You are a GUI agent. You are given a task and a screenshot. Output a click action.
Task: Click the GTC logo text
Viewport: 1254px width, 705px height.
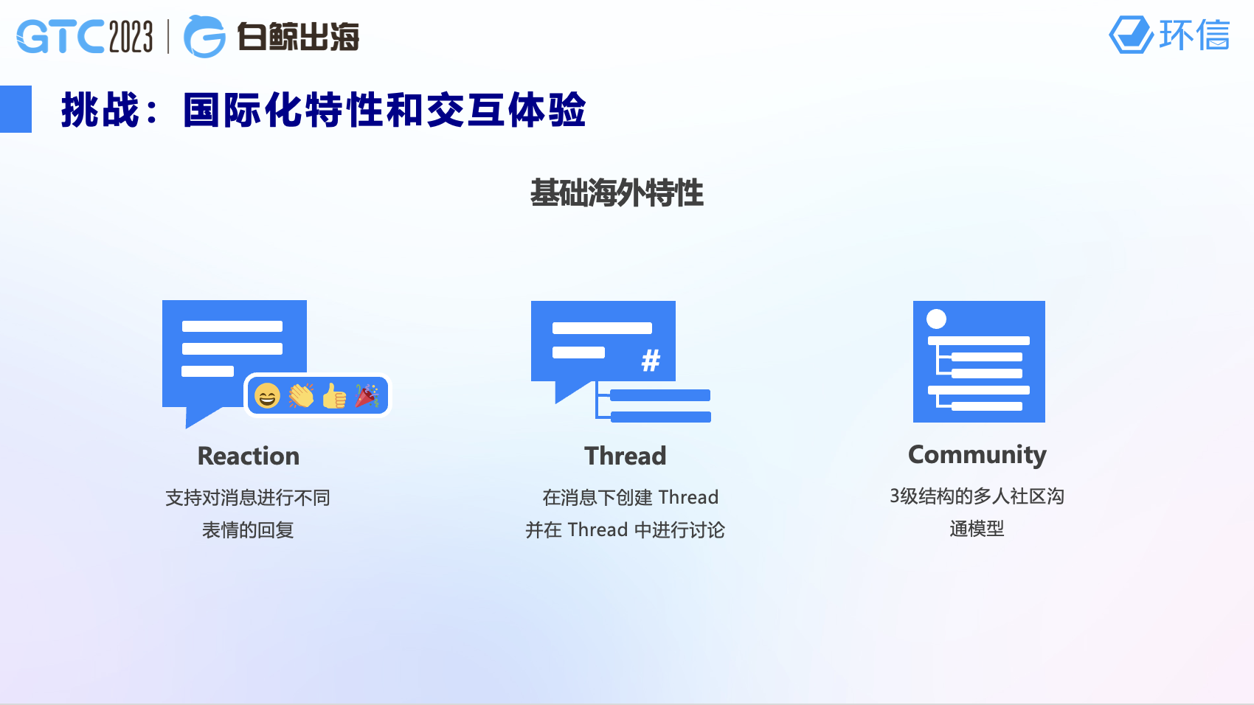[60, 36]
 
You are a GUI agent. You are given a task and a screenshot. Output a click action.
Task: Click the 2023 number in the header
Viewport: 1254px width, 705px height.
[131, 36]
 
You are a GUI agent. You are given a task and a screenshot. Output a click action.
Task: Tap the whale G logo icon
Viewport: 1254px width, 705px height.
[204, 36]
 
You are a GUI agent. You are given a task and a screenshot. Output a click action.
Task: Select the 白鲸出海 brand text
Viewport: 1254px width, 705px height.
[298, 37]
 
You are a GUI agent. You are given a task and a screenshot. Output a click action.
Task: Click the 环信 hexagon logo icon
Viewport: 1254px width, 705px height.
[1131, 35]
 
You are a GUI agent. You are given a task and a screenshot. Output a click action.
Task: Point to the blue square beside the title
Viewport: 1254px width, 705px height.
[15, 109]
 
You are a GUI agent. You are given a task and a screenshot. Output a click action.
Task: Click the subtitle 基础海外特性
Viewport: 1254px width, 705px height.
[617, 193]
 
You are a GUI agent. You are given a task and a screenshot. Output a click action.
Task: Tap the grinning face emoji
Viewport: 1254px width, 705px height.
[267, 396]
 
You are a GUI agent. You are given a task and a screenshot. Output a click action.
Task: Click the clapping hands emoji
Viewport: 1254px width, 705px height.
[301, 395]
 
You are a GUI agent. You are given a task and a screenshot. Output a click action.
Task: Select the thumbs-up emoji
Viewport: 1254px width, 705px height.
[334, 395]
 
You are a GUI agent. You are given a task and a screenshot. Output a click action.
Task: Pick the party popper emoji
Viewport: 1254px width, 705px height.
[367, 395]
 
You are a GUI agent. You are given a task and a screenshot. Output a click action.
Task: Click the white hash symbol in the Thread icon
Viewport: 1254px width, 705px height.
[651, 361]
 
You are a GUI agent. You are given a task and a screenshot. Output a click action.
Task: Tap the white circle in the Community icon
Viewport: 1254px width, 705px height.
[936, 319]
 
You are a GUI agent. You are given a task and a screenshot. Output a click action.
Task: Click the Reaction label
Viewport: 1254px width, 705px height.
[249, 456]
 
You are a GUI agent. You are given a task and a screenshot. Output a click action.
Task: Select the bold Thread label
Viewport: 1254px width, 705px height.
[626, 456]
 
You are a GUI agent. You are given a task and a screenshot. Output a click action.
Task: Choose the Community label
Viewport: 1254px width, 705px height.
[977, 456]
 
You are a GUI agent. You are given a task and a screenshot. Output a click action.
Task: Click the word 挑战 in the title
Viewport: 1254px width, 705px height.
[100, 110]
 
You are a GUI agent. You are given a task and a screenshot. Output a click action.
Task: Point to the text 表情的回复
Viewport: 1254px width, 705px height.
[248, 530]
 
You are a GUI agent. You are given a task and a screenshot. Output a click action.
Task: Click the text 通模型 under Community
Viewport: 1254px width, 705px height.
[977, 529]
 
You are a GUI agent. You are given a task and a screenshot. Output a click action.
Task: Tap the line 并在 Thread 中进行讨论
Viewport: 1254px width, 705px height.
[625, 530]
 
